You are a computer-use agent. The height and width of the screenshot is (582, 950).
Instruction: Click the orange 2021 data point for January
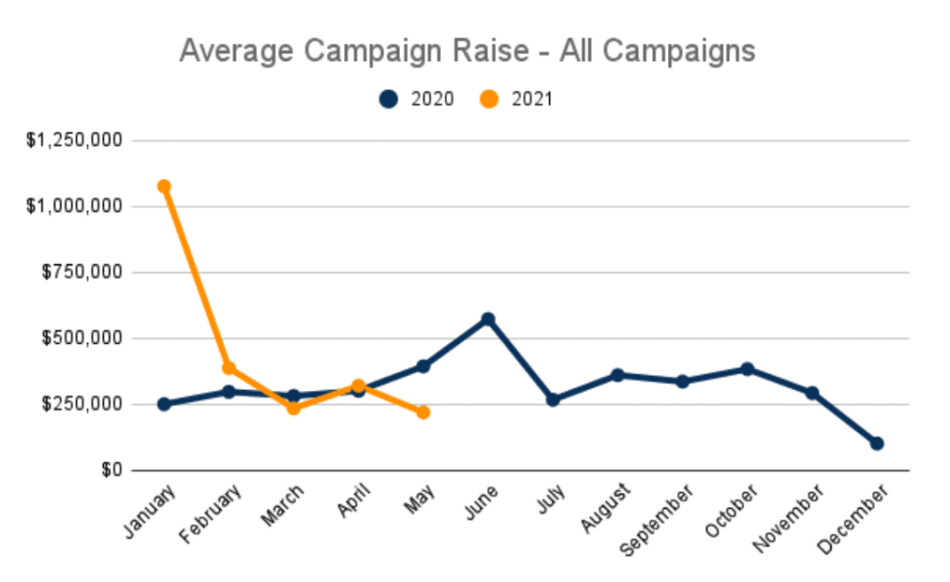click(x=164, y=186)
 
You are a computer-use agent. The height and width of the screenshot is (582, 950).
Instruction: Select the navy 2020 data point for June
click(x=488, y=320)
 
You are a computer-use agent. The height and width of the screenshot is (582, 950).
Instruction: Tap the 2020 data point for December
click(x=877, y=444)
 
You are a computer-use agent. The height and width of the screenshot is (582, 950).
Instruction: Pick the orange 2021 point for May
click(x=423, y=412)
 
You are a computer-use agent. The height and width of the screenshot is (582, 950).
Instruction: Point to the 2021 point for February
click(x=229, y=368)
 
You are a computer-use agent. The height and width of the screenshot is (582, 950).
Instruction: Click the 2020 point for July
click(x=553, y=399)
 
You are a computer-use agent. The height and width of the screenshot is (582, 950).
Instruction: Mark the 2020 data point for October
click(x=747, y=369)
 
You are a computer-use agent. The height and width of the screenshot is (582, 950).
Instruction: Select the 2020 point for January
click(x=164, y=404)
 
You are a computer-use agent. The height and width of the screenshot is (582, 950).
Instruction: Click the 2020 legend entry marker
click(x=390, y=99)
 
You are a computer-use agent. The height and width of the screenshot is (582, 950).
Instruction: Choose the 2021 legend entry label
click(x=532, y=99)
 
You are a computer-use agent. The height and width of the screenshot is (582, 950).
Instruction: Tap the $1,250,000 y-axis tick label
click(x=76, y=141)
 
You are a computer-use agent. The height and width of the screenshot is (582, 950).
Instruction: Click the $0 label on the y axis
click(x=113, y=470)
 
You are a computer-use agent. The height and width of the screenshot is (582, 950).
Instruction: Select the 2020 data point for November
click(x=812, y=393)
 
